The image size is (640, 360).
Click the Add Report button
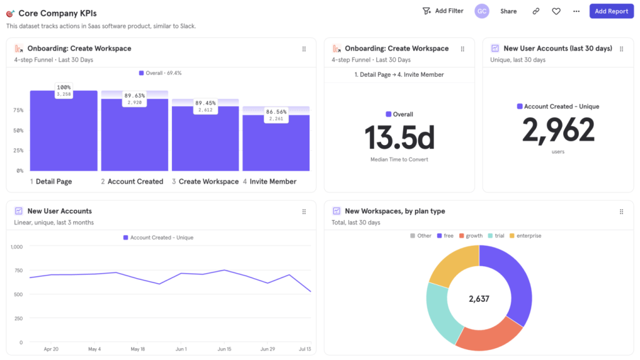611,11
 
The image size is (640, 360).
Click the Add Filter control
443,11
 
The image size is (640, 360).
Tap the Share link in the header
508,11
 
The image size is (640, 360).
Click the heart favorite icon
556,11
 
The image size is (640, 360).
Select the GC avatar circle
481,11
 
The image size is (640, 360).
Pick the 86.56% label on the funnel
276,112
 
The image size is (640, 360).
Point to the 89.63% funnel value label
134,96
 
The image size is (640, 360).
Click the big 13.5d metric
399,137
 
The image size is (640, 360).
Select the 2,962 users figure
558,130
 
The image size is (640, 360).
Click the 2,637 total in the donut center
479,299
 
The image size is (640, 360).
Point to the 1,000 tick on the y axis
17,247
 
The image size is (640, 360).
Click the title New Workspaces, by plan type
394,211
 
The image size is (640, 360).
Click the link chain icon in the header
536,11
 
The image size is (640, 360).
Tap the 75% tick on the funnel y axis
19,111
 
